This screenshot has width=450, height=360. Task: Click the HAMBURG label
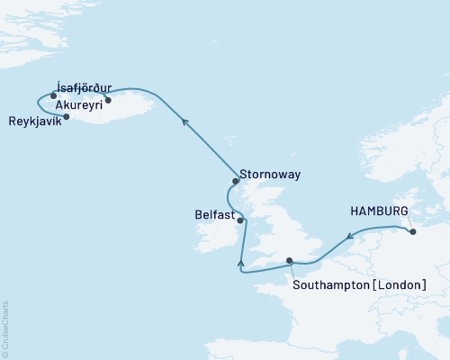(377, 211)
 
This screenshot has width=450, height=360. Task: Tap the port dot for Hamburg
(413, 232)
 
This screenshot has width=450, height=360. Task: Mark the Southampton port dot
(290, 261)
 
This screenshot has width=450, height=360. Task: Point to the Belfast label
(213, 216)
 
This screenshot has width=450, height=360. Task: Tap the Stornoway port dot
(235, 180)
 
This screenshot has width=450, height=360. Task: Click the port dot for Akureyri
(108, 100)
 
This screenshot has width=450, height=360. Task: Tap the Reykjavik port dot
(67, 116)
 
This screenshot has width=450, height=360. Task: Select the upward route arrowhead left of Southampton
(240, 262)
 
